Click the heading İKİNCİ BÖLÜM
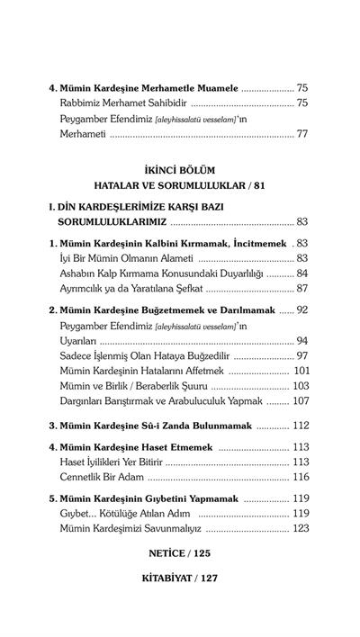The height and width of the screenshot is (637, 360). click(x=178, y=170)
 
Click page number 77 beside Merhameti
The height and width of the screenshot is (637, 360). click(x=302, y=134)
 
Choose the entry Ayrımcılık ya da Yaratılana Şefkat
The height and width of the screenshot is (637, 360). click(x=131, y=288)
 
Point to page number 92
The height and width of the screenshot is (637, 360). click(x=302, y=310)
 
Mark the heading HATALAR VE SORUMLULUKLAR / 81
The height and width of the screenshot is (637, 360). click(x=178, y=185)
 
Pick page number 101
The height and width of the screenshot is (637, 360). click(x=301, y=369)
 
